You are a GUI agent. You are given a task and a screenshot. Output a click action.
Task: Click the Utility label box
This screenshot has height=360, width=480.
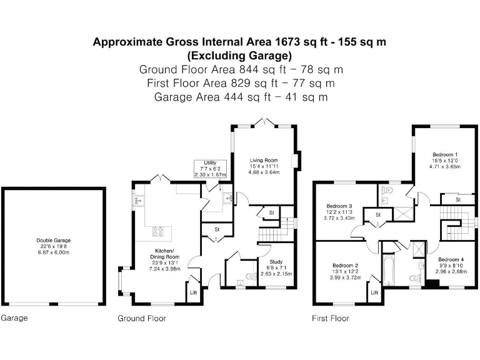point(210,169)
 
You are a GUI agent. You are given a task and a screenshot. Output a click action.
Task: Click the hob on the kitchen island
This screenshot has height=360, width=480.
point(158,231)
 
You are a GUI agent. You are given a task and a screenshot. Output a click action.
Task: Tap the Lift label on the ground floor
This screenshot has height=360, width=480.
point(194,292)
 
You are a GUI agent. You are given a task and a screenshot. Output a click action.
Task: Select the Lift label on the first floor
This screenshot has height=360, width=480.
point(374,292)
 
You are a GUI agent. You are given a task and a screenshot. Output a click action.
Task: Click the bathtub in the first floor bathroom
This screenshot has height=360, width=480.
point(388,270)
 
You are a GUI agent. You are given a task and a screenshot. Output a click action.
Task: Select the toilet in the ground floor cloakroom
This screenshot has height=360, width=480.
point(251,276)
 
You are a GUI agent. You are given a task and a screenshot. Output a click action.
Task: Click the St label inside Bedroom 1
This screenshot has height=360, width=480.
point(458,199)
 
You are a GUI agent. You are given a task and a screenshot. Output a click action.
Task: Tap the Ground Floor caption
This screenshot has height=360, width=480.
point(142,318)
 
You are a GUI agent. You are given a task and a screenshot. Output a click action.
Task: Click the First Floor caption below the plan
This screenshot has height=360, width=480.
point(331,318)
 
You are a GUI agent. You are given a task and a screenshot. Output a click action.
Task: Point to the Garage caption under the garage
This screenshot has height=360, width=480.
point(14,318)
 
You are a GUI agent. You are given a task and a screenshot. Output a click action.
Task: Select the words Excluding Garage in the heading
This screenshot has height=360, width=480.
point(240,56)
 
